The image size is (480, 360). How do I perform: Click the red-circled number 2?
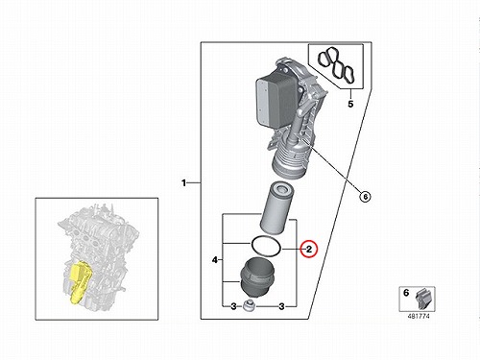coord(309,249)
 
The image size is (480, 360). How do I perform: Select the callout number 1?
coord(183,183)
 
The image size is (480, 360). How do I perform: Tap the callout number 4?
coord(215,260)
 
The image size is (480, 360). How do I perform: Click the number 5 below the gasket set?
coord(350,104)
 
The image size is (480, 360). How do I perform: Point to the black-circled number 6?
coord(365,196)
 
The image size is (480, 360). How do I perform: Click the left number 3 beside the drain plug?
coord(233,306)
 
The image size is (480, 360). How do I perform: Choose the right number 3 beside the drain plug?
coord(281,306)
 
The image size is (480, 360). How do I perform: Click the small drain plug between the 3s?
coord(249,305)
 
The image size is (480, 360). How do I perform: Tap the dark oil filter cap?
coord(253,276)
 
